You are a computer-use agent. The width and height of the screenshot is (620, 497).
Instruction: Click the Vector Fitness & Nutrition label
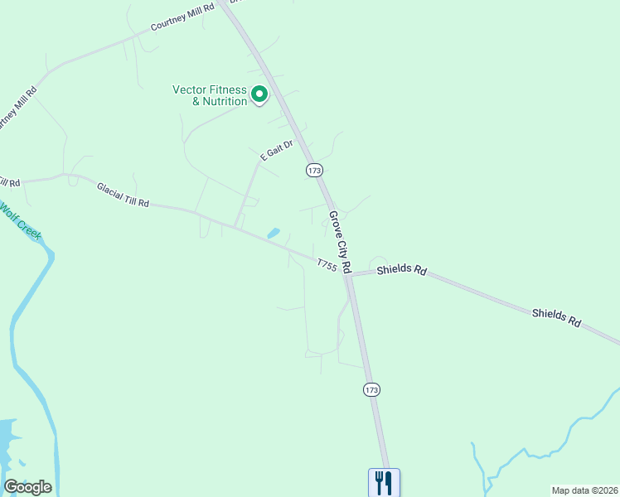point(210,95)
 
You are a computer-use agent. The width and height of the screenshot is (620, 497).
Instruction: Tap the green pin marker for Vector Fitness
point(259,95)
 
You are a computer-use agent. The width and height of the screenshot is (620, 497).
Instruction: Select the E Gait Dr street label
point(277,151)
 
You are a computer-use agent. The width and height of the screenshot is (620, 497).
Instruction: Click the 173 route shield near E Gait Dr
point(313,170)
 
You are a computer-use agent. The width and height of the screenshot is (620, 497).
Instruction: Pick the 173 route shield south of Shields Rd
point(371,389)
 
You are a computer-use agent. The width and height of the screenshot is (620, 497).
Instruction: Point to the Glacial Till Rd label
point(123,195)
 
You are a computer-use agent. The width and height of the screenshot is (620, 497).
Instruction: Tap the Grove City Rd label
point(341,243)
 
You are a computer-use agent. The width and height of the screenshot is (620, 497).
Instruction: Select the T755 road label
point(327,265)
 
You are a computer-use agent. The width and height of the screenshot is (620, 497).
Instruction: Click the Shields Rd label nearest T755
point(401,270)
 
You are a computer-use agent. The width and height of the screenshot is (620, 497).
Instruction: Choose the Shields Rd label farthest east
point(556,316)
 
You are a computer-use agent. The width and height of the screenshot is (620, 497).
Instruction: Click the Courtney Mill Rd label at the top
point(182,17)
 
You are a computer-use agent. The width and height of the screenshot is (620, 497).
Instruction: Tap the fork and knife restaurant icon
point(384,481)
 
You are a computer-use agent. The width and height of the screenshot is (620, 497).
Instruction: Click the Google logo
point(27,487)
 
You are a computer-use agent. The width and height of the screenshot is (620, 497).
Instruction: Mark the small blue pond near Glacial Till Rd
point(273,234)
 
